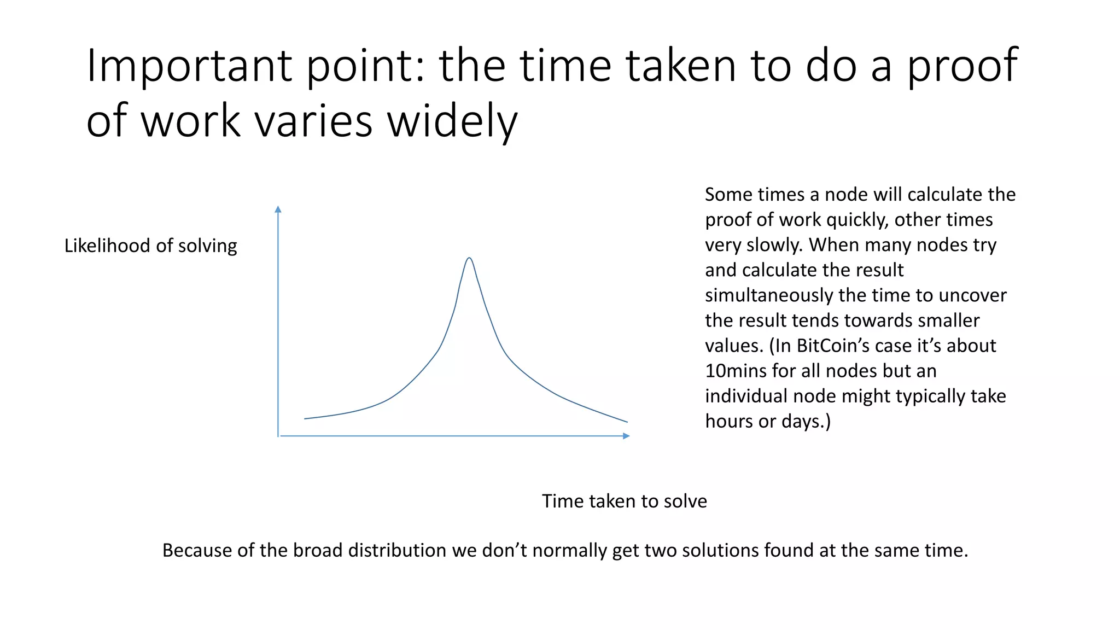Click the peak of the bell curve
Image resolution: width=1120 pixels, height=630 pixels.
(x=469, y=258)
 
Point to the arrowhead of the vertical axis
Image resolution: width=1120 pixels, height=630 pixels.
(x=278, y=209)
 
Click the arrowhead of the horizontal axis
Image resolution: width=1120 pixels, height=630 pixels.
(x=626, y=436)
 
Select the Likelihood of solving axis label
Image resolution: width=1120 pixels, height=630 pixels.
(x=150, y=246)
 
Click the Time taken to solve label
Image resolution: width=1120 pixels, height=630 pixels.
(x=624, y=501)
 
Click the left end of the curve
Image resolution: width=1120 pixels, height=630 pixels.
(x=305, y=418)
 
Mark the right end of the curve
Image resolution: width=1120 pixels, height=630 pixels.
(x=627, y=422)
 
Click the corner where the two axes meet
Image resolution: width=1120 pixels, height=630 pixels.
(x=278, y=436)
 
